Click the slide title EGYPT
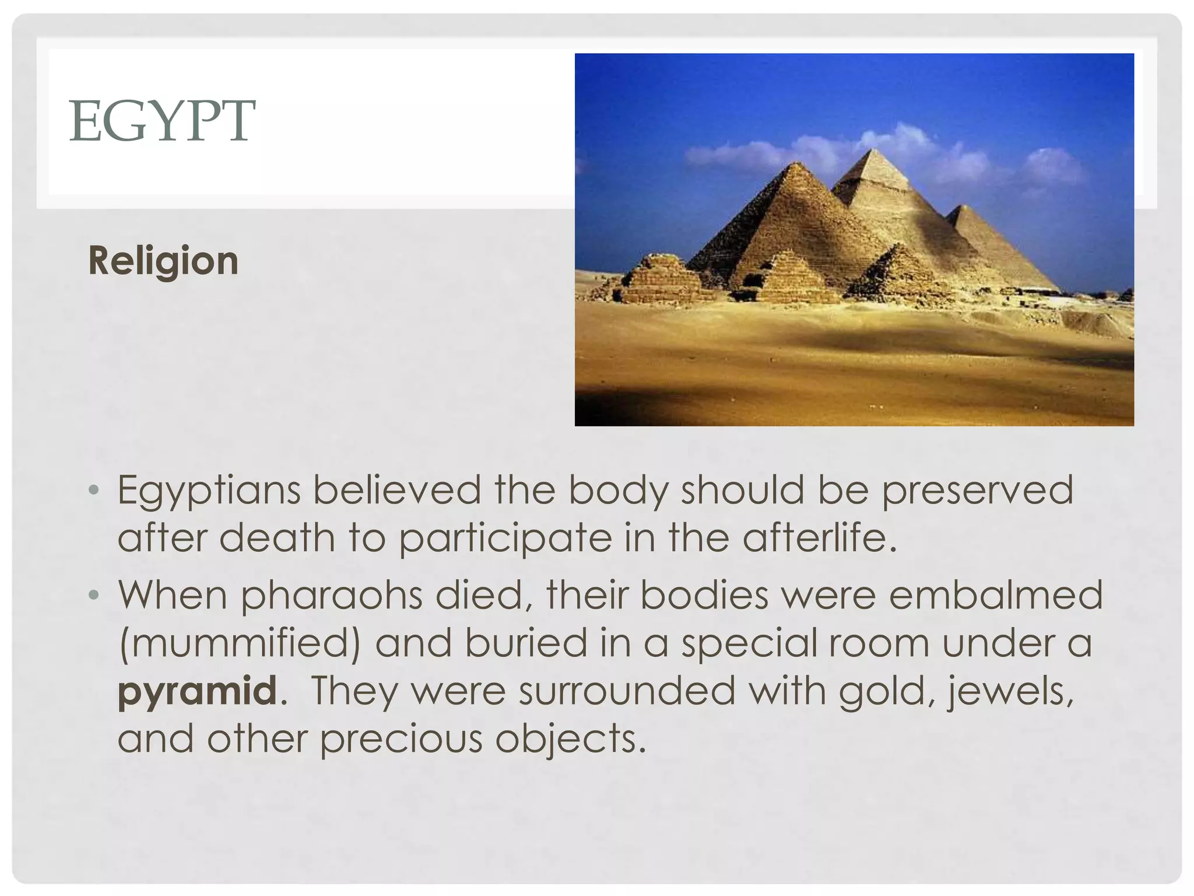coord(162,121)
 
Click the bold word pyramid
coord(197,691)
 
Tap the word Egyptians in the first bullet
coord(209,491)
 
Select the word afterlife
coord(819,537)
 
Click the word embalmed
coord(996,596)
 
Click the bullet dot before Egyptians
coord(94,491)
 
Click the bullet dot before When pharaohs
coord(94,596)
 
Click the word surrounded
coord(627,691)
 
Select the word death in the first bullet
coord(277,537)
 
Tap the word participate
coord(505,538)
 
